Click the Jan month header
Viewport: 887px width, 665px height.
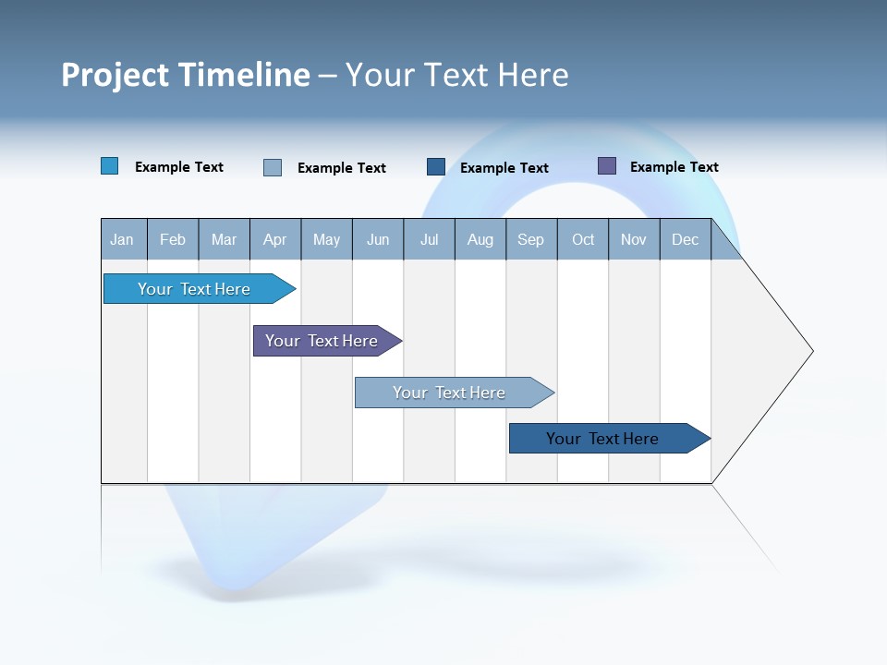[x=123, y=240]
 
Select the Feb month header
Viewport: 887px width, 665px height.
[x=173, y=240]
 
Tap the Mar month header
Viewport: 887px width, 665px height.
[x=224, y=240]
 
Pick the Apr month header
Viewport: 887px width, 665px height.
[x=275, y=240]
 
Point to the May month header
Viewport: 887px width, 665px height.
[x=326, y=240]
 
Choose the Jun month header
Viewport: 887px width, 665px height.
[x=378, y=240]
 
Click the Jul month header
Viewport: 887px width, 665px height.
[x=430, y=240]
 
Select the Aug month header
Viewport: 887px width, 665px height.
[x=480, y=240]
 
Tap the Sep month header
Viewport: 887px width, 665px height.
[x=531, y=240]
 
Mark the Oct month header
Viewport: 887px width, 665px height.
[x=583, y=240]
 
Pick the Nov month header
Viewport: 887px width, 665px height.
[x=634, y=240]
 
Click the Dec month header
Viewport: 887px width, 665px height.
[x=686, y=240]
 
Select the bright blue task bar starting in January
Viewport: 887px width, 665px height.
[x=194, y=289]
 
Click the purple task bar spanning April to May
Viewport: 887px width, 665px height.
[x=322, y=341]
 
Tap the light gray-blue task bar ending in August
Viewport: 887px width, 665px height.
[x=449, y=393]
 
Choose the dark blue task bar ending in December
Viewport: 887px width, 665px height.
[x=602, y=439]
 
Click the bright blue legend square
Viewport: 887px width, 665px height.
[x=110, y=166]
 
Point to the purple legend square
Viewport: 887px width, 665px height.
[x=607, y=166]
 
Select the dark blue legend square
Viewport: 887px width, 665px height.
[x=436, y=167]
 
